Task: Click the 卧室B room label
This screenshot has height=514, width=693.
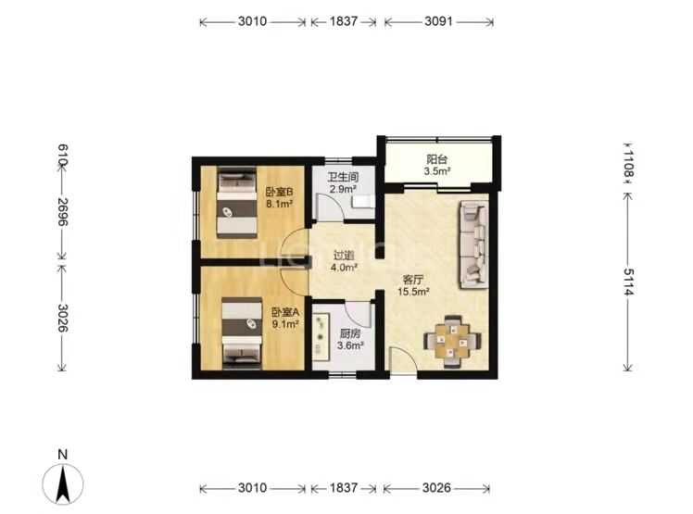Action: coord(279,193)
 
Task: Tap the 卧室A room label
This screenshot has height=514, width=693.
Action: coord(285,312)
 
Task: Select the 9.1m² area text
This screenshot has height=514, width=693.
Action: coord(285,324)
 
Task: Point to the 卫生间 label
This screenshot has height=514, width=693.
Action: coord(343,177)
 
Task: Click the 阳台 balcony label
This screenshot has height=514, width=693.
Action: coord(436,159)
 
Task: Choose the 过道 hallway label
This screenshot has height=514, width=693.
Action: coord(344,256)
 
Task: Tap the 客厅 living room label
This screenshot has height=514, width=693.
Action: coord(413,280)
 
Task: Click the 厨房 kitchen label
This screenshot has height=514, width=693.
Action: coord(350,333)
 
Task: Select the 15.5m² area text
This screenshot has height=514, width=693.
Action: coord(414,292)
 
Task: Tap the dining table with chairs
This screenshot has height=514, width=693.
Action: coord(452,341)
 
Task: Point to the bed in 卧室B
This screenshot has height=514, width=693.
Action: coord(237,203)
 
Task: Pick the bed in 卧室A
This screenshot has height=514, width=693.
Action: coord(242,332)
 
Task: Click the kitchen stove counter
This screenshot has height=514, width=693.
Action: coord(320,335)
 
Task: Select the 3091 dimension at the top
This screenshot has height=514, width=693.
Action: coord(438,21)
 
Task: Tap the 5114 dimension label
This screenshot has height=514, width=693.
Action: coord(628,282)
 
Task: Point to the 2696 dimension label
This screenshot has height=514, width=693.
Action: coord(63,211)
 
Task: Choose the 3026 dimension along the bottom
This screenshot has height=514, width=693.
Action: coord(436,487)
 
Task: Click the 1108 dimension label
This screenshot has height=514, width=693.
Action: coord(628,164)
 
